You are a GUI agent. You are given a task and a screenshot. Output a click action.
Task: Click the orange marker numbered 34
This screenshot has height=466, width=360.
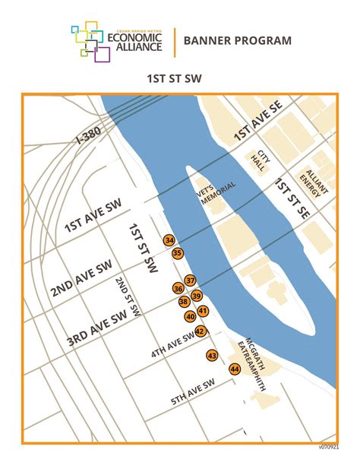coord(169,240)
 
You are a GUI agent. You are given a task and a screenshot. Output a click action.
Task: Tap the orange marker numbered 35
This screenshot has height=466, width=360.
coord(177,252)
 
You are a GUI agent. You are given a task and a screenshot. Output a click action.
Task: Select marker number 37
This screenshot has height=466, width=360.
coord(191,281)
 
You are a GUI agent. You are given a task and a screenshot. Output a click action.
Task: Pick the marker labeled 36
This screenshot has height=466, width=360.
coord(178,289)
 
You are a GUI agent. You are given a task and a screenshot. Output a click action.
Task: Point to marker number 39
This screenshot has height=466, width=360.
coord(196,296)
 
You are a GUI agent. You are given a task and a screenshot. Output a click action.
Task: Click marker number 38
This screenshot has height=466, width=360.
coord(184,302)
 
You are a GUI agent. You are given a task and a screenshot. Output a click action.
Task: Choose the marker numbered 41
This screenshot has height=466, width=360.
coord(203,310)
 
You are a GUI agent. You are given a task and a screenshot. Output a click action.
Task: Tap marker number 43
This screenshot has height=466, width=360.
coord(212,356)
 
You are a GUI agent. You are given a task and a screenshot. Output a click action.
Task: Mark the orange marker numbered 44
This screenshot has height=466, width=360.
coord(235,369)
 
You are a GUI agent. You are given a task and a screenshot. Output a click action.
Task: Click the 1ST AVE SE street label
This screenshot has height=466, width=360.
coord(257,121)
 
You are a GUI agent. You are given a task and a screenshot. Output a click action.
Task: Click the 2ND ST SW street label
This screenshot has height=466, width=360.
coord(128,296)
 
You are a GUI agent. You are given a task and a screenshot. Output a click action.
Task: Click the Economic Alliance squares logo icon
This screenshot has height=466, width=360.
coord(88,40)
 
